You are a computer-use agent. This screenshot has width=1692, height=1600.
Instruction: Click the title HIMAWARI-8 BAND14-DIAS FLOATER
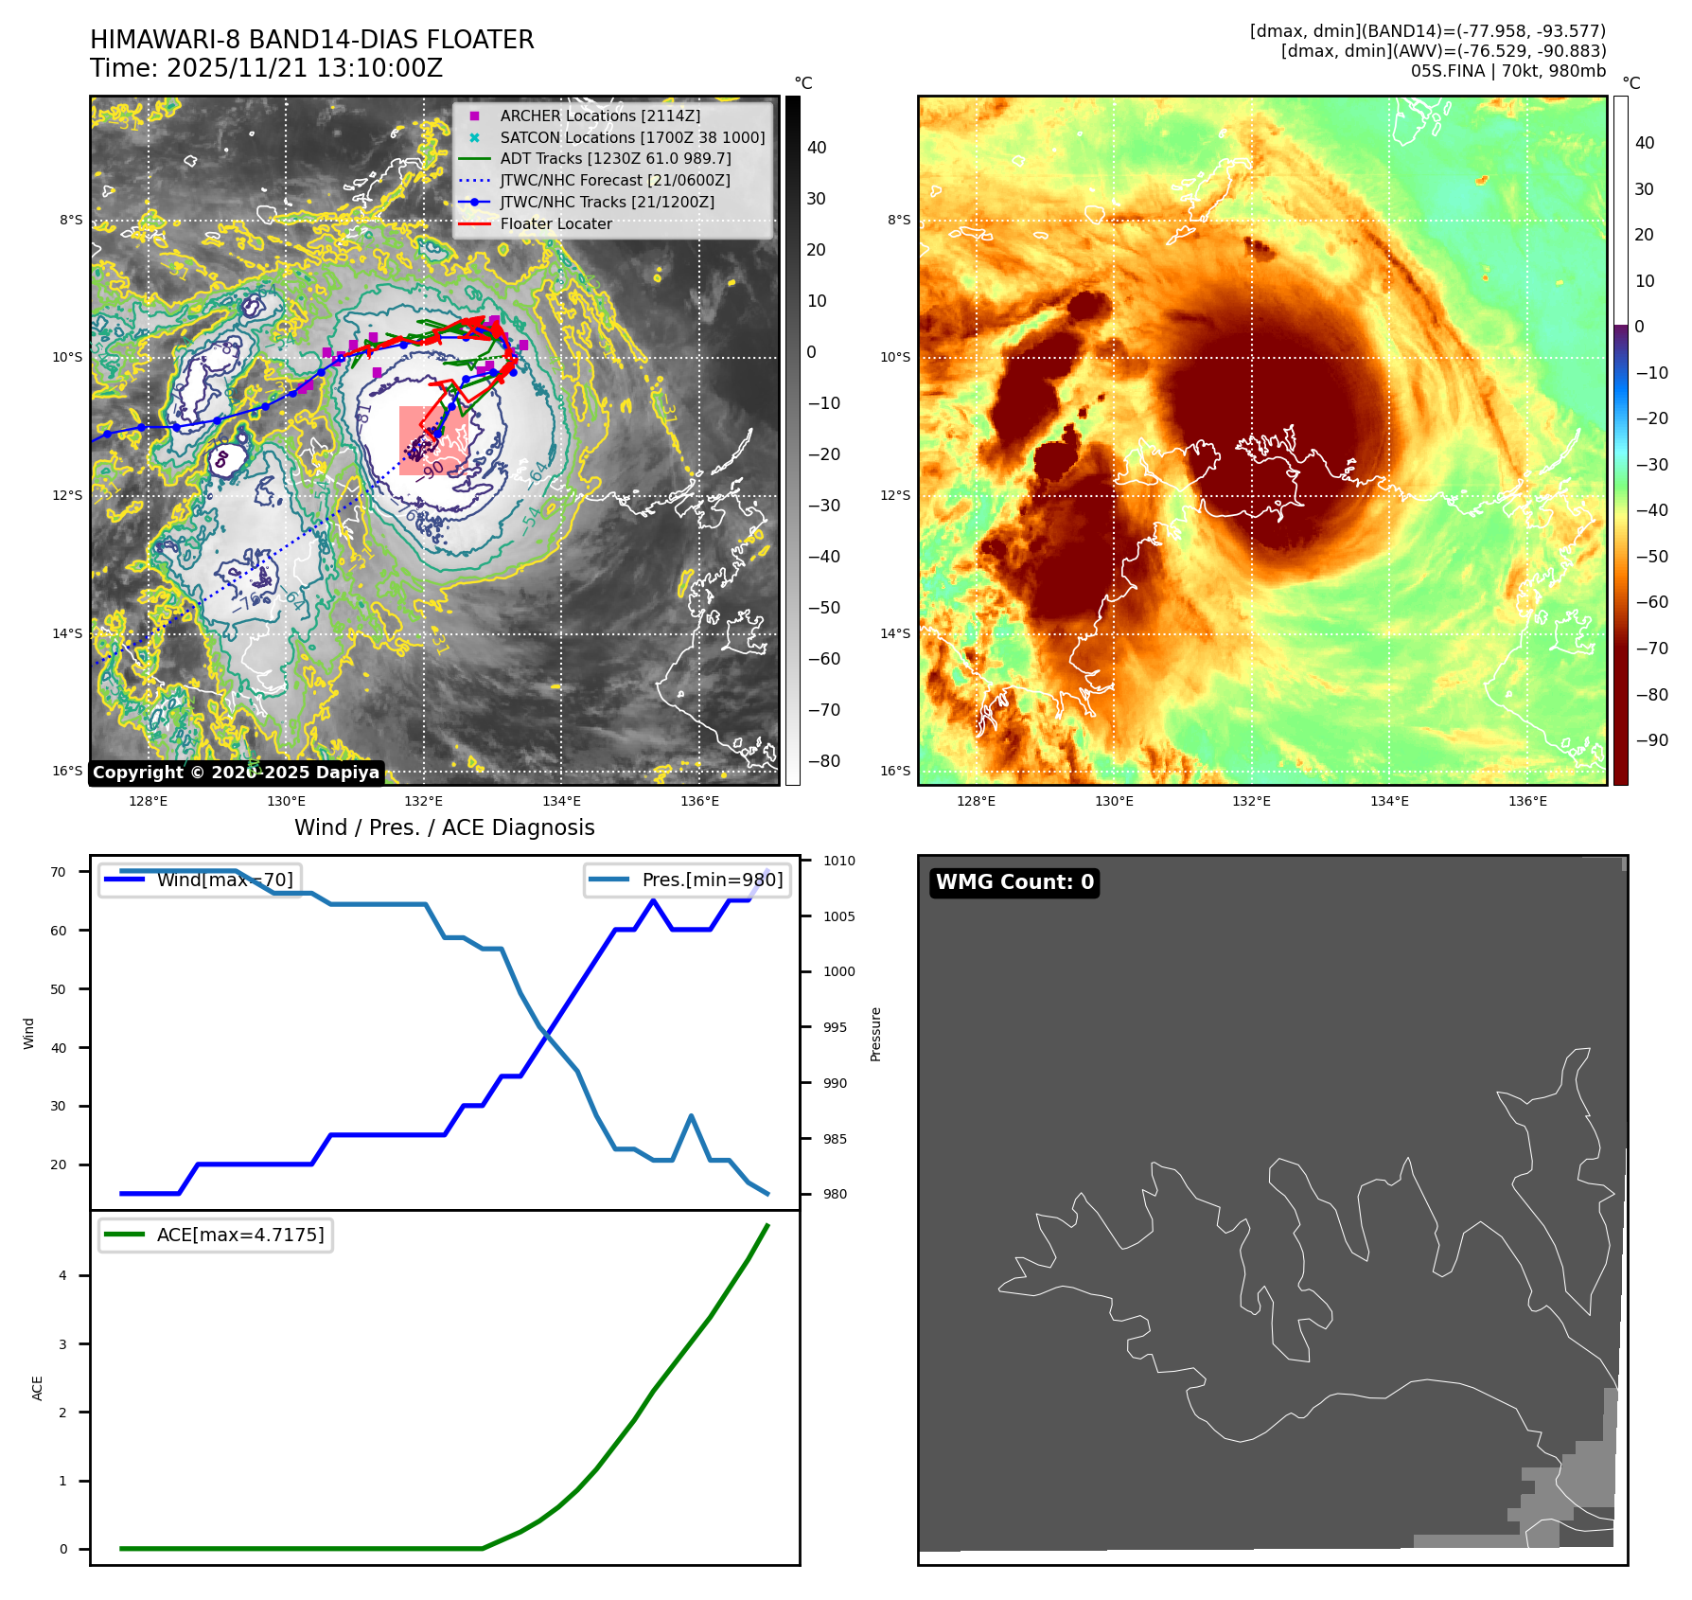(311, 40)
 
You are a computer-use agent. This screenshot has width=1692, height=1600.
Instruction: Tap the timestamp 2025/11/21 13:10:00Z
(305, 68)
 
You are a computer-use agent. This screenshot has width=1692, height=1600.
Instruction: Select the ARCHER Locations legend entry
(600, 116)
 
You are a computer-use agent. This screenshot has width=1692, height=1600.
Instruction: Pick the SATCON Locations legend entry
(632, 137)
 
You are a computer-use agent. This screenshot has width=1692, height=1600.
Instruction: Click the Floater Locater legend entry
(555, 223)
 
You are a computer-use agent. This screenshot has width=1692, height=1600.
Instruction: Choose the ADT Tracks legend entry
(615, 158)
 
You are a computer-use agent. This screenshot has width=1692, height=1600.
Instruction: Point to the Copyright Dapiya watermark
(236, 773)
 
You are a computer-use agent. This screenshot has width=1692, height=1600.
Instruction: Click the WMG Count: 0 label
(1014, 882)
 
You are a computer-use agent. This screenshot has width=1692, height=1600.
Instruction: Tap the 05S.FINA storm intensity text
(1507, 71)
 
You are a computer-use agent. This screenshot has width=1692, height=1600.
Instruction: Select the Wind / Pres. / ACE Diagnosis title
(444, 827)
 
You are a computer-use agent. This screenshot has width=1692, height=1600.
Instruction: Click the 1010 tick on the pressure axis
(838, 861)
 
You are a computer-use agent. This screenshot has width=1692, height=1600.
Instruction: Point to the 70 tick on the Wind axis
(59, 872)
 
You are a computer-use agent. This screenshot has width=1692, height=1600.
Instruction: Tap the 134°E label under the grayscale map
(561, 801)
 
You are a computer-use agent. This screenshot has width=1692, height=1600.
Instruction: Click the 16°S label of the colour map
(895, 771)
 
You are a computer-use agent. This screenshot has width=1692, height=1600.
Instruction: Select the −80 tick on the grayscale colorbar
(823, 761)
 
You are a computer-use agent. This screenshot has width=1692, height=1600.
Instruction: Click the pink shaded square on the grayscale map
(433, 440)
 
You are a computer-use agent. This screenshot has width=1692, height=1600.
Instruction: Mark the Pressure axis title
(875, 1034)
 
